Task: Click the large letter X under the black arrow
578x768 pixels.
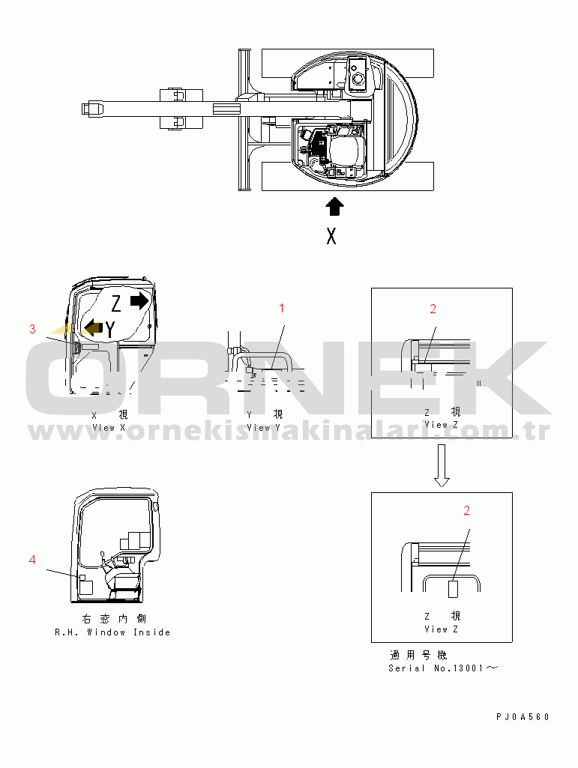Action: tap(331, 237)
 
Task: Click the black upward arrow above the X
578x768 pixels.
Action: tap(334, 206)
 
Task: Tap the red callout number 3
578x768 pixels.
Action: tap(32, 329)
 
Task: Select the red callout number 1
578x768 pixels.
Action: tap(281, 308)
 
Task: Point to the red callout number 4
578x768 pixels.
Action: tap(32, 560)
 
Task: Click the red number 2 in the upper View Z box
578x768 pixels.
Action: tap(433, 309)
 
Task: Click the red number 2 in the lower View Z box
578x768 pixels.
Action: tap(467, 510)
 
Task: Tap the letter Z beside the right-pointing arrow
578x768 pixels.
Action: tap(116, 303)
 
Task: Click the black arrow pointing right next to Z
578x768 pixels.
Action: tap(139, 300)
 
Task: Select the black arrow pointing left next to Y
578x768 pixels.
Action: tap(93, 327)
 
